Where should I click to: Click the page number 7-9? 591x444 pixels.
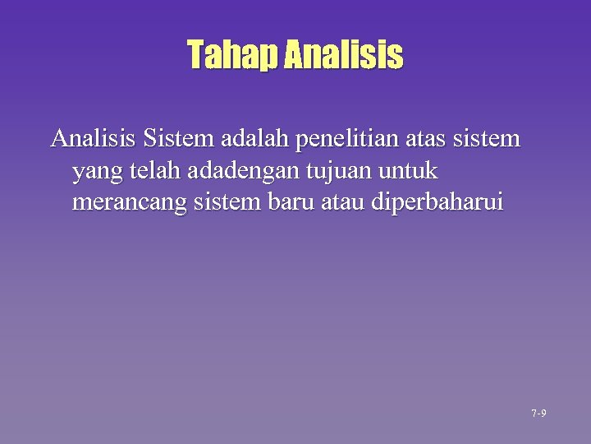pyautogui.click(x=539, y=413)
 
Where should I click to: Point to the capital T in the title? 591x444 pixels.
pyautogui.click(x=195, y=56)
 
